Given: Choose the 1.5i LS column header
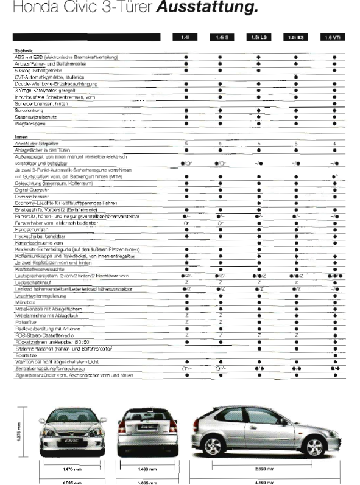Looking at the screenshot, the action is click(258, 38).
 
